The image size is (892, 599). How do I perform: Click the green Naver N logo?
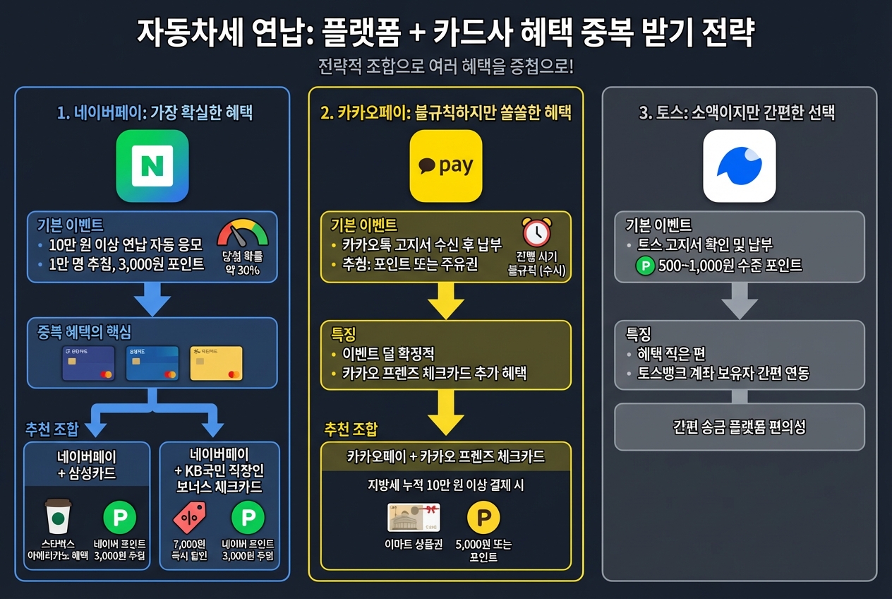(152, 166)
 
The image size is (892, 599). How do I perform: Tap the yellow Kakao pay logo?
(446, 166)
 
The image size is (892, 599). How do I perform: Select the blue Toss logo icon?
(740, 166)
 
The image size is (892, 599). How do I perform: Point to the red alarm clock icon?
(536, 232)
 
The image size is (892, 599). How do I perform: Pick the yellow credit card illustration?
(216, 363)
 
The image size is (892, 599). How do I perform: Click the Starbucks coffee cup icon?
(58, 517)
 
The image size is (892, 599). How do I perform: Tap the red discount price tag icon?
(189, 517)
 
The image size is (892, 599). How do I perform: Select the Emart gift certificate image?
(414, 517)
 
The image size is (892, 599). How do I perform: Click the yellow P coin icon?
(483, 518)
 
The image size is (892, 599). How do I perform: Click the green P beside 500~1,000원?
(645, 266)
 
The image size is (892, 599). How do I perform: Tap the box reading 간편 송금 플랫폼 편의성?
(740, 427)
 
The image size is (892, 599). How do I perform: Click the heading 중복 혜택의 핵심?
(84, 332)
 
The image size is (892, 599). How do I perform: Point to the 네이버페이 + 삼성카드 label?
(87, 464)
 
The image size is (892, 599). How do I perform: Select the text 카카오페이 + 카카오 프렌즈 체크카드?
(446, 456)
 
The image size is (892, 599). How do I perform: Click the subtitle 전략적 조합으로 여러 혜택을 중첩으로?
(446, 67)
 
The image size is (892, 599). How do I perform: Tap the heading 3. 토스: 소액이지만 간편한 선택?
(737, 113)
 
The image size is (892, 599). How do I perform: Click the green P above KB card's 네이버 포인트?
(248, 517)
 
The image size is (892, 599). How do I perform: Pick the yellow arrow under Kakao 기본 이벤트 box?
(446, 301)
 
